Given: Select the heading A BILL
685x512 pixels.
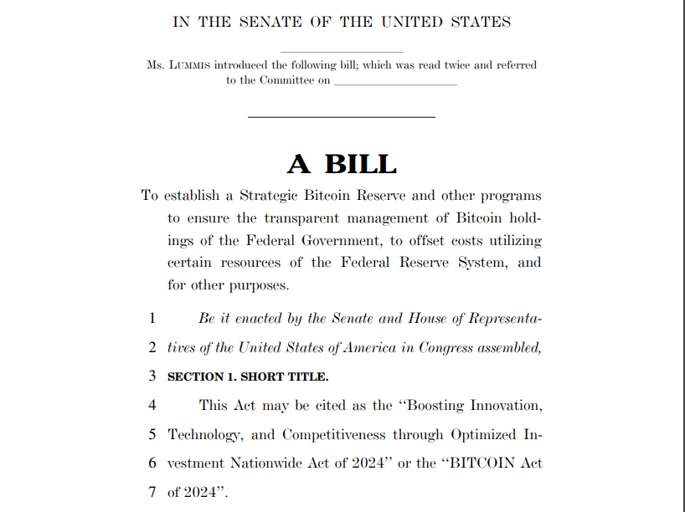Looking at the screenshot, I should point(342,163).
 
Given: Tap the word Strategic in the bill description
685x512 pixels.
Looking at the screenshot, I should point(274,196).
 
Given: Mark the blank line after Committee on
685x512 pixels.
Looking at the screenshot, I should point(395,82).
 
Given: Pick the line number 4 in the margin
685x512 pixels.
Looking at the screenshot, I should point(152,406).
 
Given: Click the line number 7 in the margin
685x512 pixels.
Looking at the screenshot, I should point(152,492).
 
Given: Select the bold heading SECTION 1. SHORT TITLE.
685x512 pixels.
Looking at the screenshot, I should point(248,376).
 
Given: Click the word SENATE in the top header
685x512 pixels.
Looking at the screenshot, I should point(260,23).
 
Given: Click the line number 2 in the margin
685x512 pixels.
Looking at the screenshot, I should point(152,347).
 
